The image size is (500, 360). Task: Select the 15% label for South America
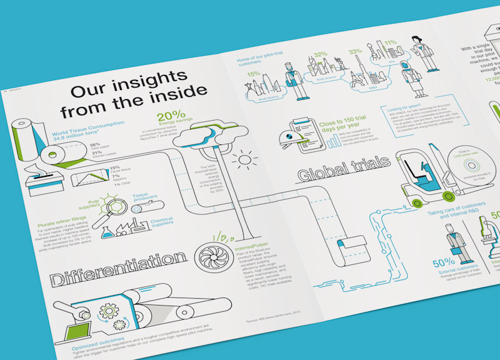[x=253, y=75]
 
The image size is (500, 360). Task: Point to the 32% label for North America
[x=321, y=55]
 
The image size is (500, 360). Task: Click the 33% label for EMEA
[x=356, y=52]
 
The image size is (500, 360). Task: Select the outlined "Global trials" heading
[x=343, y=165]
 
